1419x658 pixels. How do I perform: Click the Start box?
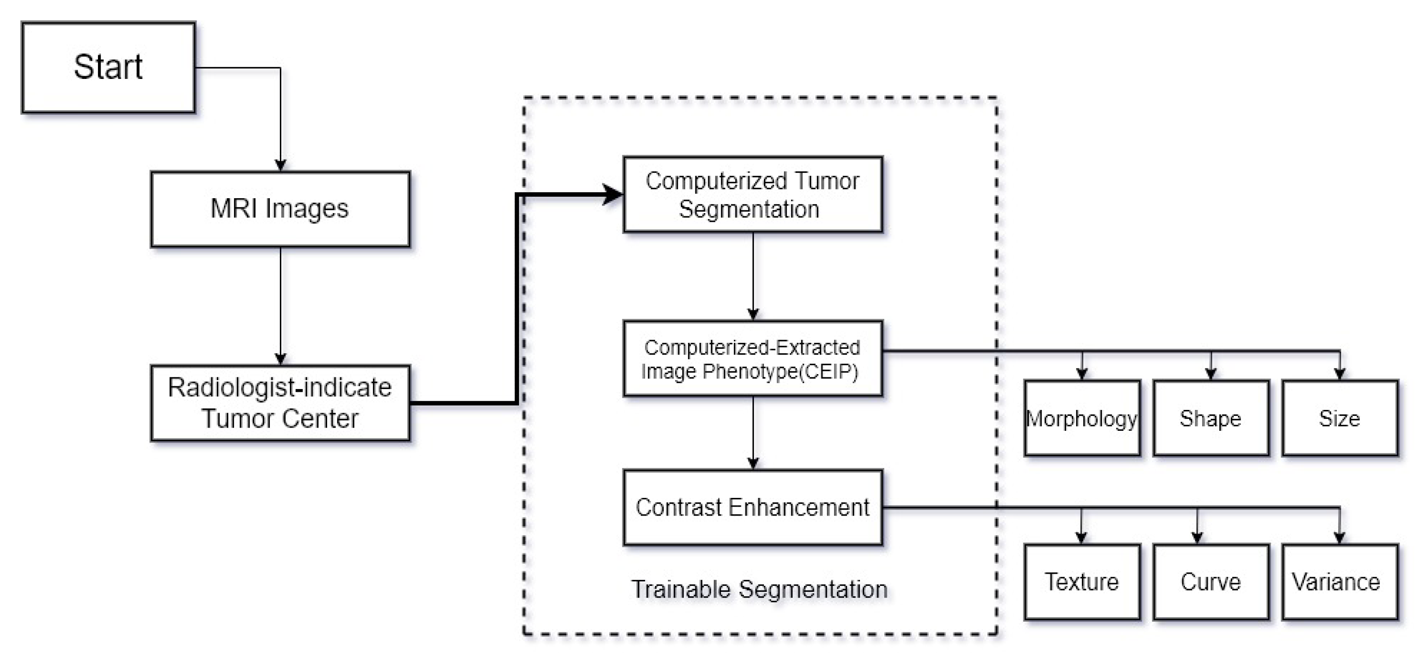click(108, 67)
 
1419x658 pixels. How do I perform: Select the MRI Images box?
click(280, 209)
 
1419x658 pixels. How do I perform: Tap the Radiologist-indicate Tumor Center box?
click(280, 403)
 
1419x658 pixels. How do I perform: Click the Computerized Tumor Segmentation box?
click(753, 195)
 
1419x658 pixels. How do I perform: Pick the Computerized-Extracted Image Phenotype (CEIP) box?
click(753, 358)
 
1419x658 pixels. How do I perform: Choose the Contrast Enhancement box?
click(753, 507)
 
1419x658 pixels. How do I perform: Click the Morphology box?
click(1082, 419)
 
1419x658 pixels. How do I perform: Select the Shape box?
click(1211, 419)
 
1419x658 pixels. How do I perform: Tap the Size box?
click(1340, 419)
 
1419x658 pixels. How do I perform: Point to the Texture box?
click(1082, 582)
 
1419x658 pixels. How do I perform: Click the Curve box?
click(1211, 582)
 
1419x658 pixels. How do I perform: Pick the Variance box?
click(1340, 582)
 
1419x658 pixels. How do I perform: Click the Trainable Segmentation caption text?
click(759, 589)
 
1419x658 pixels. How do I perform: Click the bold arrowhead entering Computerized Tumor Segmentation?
click(612, 195)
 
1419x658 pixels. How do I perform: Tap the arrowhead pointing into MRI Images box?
click(280, 165)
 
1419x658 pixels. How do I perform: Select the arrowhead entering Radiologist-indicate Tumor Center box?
click(280, 359)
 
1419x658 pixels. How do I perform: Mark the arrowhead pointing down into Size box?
click(1340, 374)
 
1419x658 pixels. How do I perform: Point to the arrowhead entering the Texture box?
click(1081, 538)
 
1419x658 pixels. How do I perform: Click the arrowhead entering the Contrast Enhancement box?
click(753, 463)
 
